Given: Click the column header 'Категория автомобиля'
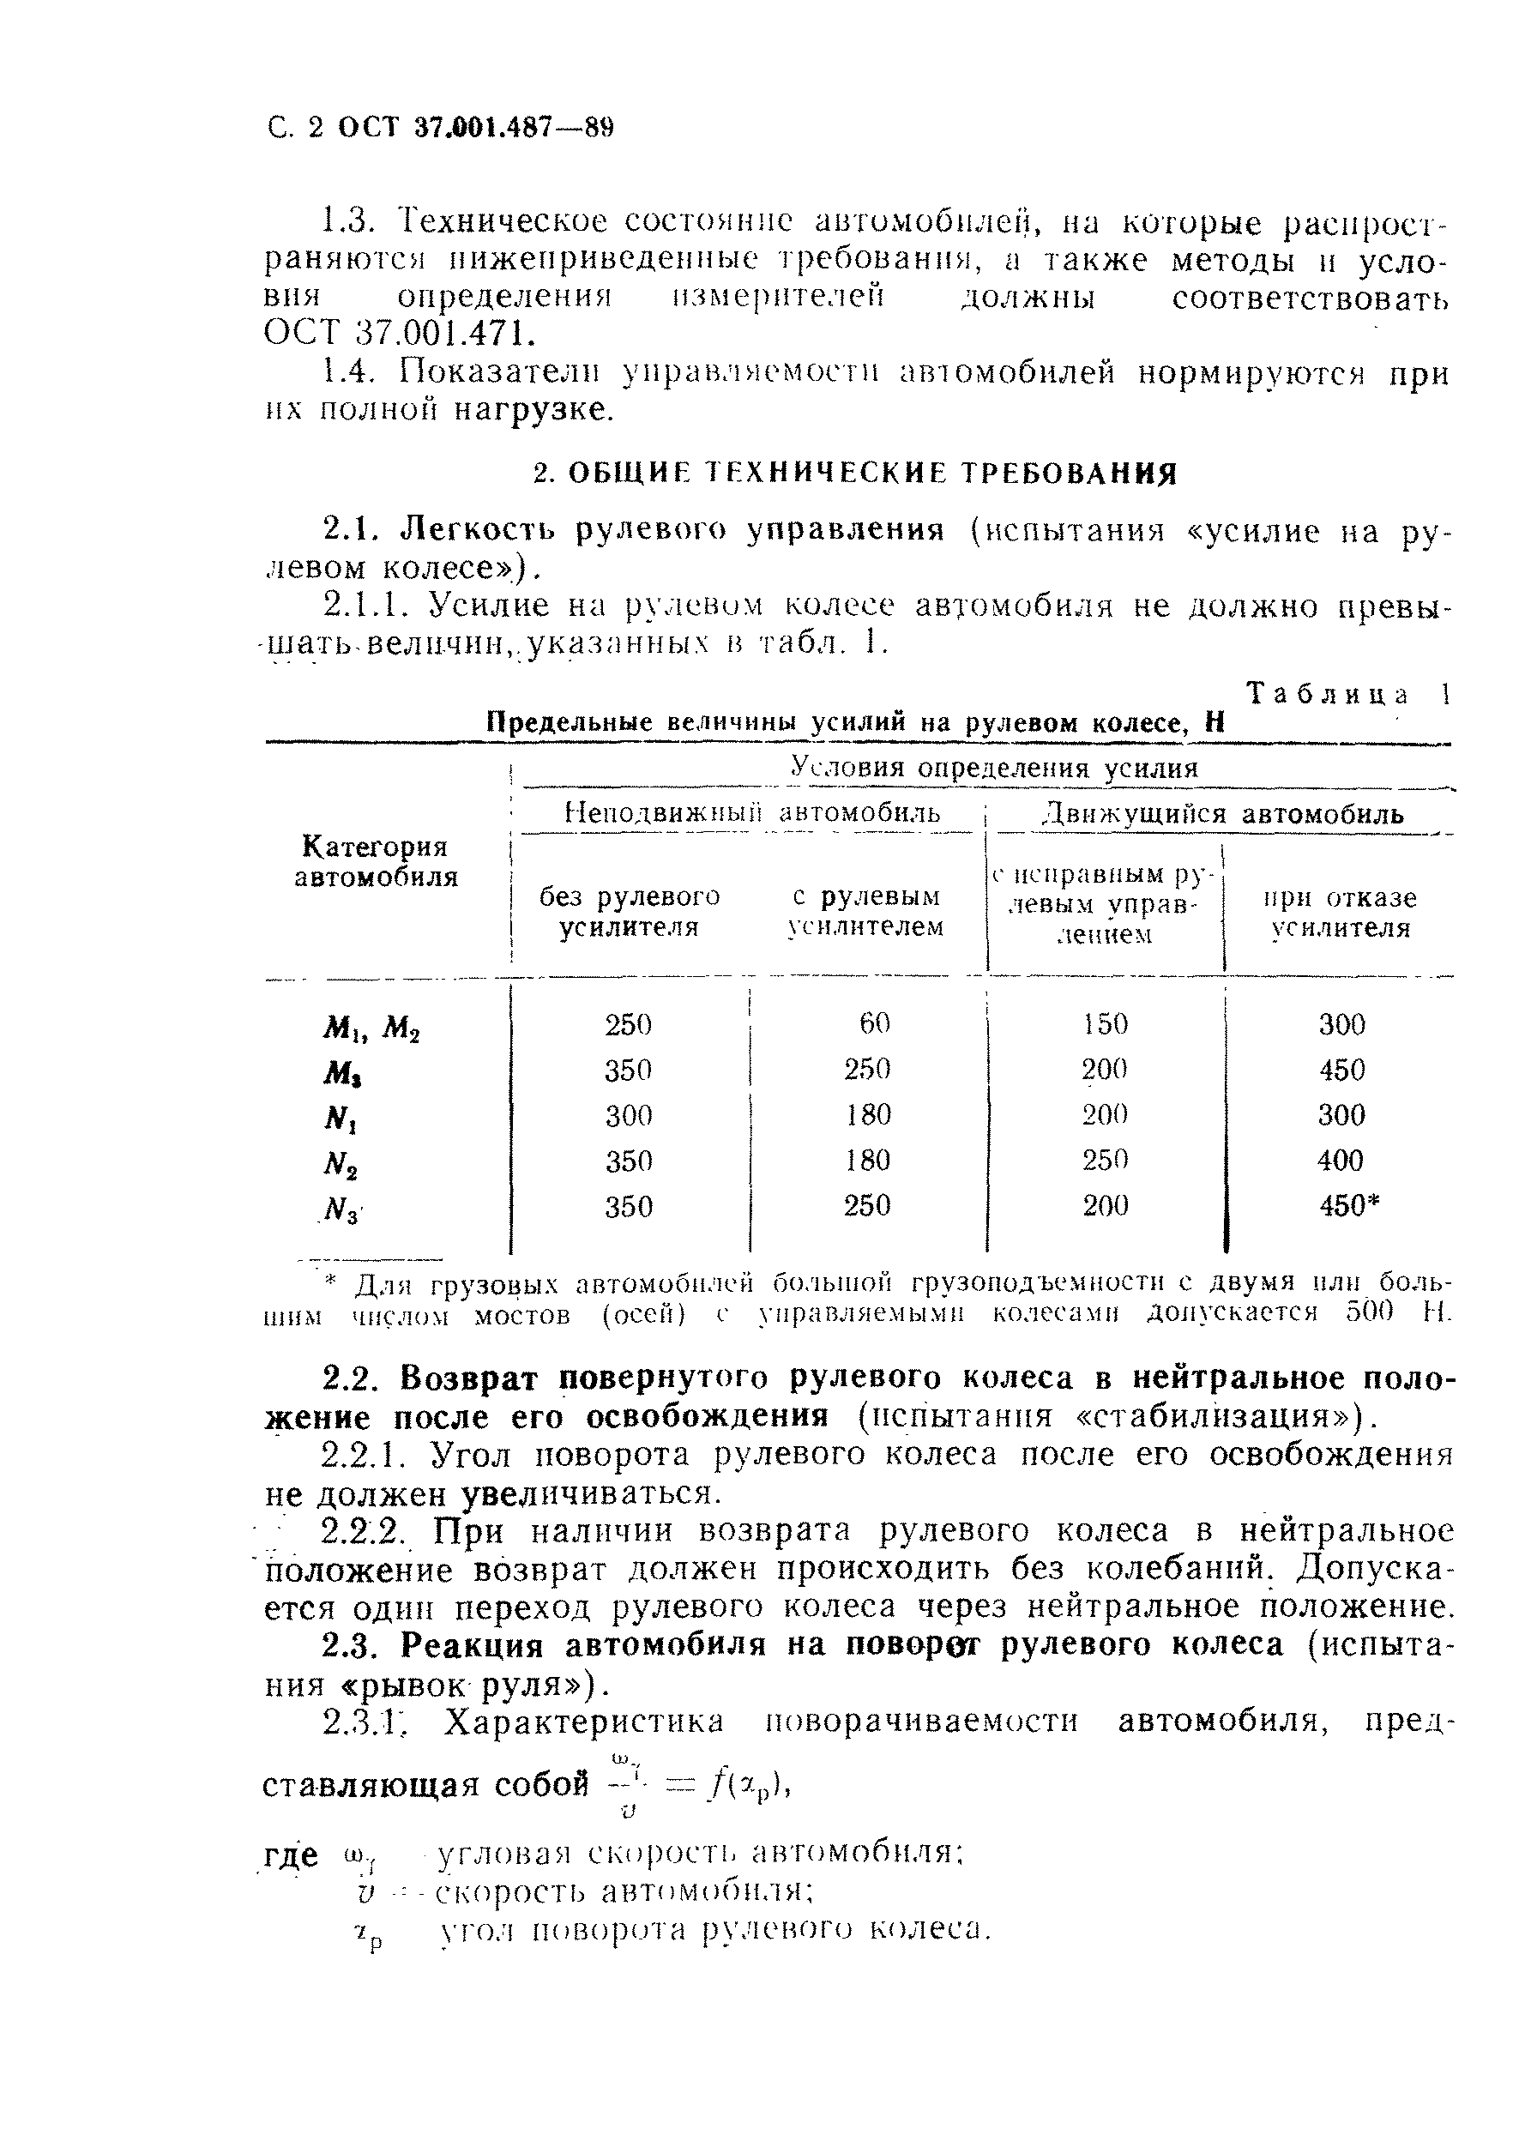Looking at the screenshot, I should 376,862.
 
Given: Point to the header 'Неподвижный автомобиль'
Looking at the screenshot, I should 751,813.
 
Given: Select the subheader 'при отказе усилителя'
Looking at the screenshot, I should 1339,913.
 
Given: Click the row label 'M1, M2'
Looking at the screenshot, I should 371,1028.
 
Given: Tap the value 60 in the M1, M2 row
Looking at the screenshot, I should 874,1022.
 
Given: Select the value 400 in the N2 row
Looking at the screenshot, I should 1340,1161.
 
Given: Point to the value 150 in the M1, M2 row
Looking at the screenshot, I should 1106,1023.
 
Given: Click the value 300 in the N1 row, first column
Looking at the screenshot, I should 628,1115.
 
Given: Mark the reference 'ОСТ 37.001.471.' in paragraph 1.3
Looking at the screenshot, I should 389,333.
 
